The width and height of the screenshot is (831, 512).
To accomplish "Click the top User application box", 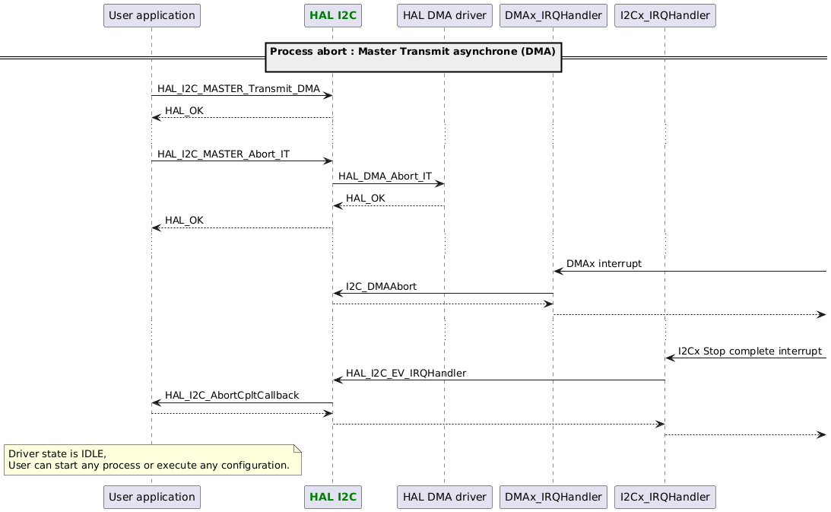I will pos(151,14).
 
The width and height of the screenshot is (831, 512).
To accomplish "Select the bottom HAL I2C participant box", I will pos(331,497).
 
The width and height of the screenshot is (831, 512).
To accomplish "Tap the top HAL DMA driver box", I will pos(444,14).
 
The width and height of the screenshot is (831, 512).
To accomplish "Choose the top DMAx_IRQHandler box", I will pos(553,14).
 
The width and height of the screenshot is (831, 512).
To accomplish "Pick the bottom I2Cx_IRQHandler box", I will pos(664,497).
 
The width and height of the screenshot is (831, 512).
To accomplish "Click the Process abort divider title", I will pos(414,52).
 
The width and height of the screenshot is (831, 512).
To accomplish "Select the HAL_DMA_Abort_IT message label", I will pos(385,176).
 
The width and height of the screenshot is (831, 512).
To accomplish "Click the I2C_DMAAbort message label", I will pos(386,286).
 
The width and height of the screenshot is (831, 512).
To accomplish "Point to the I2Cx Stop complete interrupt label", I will pos(750,351).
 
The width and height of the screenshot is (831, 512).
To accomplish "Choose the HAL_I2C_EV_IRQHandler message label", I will pos(405,374).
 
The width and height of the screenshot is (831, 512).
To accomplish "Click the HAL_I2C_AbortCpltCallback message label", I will pos(232,396).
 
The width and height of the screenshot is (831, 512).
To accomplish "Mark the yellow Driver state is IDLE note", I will pos(152,460).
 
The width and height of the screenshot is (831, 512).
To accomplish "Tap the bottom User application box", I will pos(151,497).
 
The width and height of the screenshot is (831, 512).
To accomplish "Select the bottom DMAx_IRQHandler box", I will pos(553,497).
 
